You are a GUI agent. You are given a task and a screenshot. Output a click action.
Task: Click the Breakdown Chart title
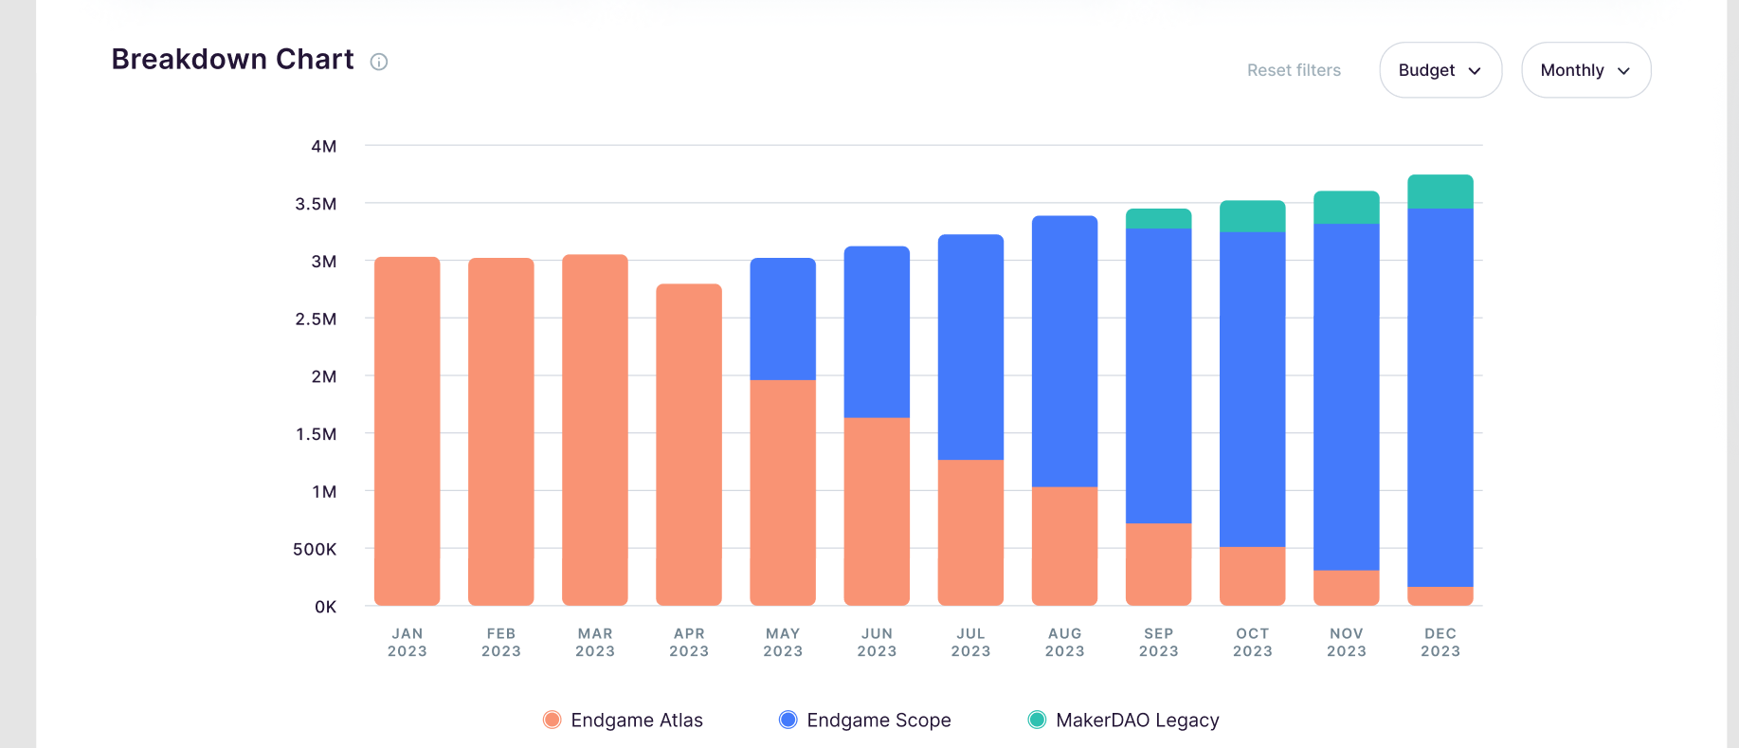tap(232, 59)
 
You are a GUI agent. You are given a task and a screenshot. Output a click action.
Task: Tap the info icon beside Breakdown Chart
tap(379, 63)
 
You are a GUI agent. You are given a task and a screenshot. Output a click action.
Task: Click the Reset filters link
tap(1294, 70)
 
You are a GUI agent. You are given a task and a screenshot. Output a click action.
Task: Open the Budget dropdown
tap(1440, 70)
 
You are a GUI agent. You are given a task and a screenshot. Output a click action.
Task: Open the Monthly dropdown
tap(1585, 70)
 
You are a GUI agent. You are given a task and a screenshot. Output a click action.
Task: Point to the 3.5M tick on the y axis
tap(316, 204)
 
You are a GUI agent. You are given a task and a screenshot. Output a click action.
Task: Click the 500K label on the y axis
tap(315, 549)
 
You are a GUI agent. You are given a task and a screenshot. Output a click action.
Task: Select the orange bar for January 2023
tap(408, 431)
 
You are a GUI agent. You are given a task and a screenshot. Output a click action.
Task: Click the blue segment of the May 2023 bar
tap(783, 319)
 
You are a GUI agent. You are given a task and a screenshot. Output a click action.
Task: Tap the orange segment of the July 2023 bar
tap(970, 532)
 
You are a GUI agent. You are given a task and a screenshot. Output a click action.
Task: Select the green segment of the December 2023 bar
tap(1440, 192)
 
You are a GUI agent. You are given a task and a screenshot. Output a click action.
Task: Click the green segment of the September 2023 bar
tap(1158, 219)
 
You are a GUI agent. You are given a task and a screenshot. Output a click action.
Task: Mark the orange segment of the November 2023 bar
tap(1346, 587)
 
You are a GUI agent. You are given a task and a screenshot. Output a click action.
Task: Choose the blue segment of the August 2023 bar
tap(1064, 351)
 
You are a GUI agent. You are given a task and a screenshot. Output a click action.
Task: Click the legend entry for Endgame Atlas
tap(624, 721)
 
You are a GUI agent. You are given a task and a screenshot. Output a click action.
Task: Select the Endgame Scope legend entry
tap(864, 721)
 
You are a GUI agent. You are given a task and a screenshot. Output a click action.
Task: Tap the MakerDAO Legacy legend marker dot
tap(1037, 721)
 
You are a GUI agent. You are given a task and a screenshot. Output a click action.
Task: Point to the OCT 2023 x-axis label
tap(1252, 642)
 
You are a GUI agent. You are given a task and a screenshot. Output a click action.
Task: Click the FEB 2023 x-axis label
tap(501, 642)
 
